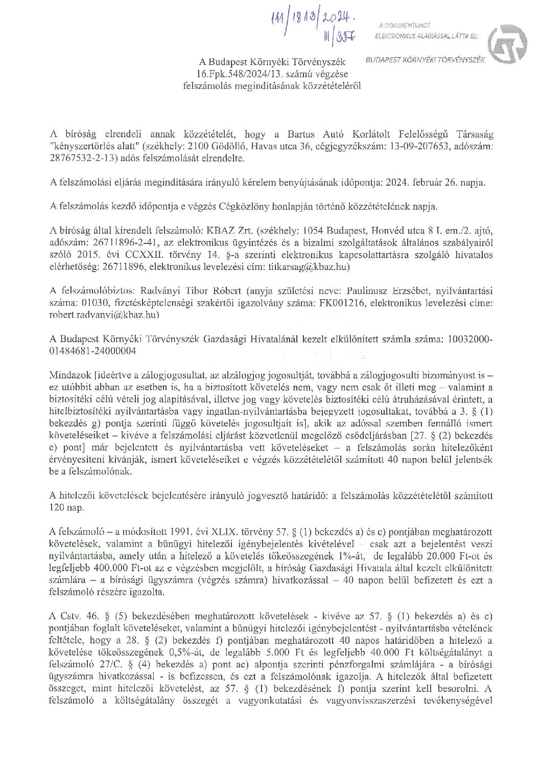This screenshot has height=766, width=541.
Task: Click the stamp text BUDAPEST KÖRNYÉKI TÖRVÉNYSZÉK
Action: [426, 60]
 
